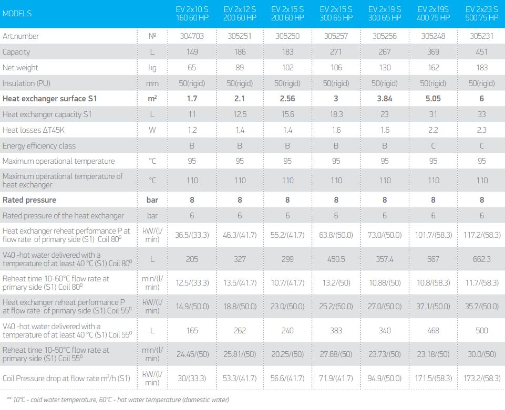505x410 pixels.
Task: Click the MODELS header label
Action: click(17, 14)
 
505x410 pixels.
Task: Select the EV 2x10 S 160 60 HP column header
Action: click(192, 14)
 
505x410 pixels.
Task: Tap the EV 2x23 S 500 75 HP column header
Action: click(481, 14)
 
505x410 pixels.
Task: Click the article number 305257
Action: click(336, 36)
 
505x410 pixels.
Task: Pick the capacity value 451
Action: click(481, 52)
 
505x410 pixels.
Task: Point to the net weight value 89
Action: click(240, 68)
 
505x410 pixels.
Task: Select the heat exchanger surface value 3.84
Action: click(385, 99)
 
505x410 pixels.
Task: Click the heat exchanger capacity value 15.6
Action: click(287, 114)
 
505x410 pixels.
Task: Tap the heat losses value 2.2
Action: click(433, 130)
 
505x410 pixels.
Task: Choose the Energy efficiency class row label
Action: click(39, 146)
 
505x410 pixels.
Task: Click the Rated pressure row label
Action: click(29, 200)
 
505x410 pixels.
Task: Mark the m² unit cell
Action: click(152, 99)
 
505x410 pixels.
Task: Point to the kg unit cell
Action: click(152, 68)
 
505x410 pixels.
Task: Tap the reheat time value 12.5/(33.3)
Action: click(192, 282)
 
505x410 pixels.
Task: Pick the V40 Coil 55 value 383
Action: click(336, 331)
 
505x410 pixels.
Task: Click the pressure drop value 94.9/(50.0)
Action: click(385, 378)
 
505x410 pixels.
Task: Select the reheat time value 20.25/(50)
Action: click(287, 354)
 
